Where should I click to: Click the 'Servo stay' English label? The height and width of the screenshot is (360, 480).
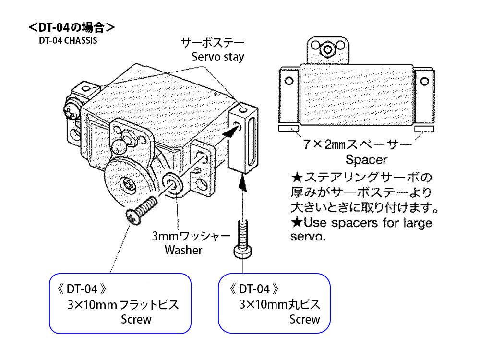pyautogui.click(x=217, y=57)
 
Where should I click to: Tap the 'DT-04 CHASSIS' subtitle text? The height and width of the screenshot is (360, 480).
pyautogui.click(x=68, y=41)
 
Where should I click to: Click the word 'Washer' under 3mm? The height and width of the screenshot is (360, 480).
pyautogui.click(x=183, y=250)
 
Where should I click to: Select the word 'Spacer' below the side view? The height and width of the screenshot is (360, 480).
pyautogui.click(x=366, y=160)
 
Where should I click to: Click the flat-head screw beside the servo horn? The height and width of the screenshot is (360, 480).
pyautogui.click(x=141, y=211)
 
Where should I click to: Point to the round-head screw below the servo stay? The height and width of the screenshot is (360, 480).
pyautogui.click(x=243, y=240)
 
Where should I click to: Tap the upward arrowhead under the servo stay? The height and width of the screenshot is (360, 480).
pyautogui.click(x=243, y=184)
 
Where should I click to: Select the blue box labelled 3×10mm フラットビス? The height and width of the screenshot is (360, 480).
pyautogui.click(x=120, y=303)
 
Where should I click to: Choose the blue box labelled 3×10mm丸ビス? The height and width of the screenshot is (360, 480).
pyautogui.click(x=274, y=303)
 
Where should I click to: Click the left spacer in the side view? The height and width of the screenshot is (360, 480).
pyautogui.click(x=288, y=128)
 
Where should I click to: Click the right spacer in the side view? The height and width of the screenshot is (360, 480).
pyautogui.click(x=424, y=129)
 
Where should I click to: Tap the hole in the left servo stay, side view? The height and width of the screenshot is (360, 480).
pyautogui.click(x=289, y=81)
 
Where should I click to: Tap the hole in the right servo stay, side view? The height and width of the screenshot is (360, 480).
pyautogui.click(x=425, y=82)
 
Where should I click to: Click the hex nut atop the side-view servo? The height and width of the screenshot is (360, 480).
pyautogui.click(x=328, y=49)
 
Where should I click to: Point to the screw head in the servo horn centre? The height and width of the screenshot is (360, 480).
pyautogui.click(x=128, y=184)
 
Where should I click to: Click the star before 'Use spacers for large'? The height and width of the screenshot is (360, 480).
pyautogui.click(x=297, y=223)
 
